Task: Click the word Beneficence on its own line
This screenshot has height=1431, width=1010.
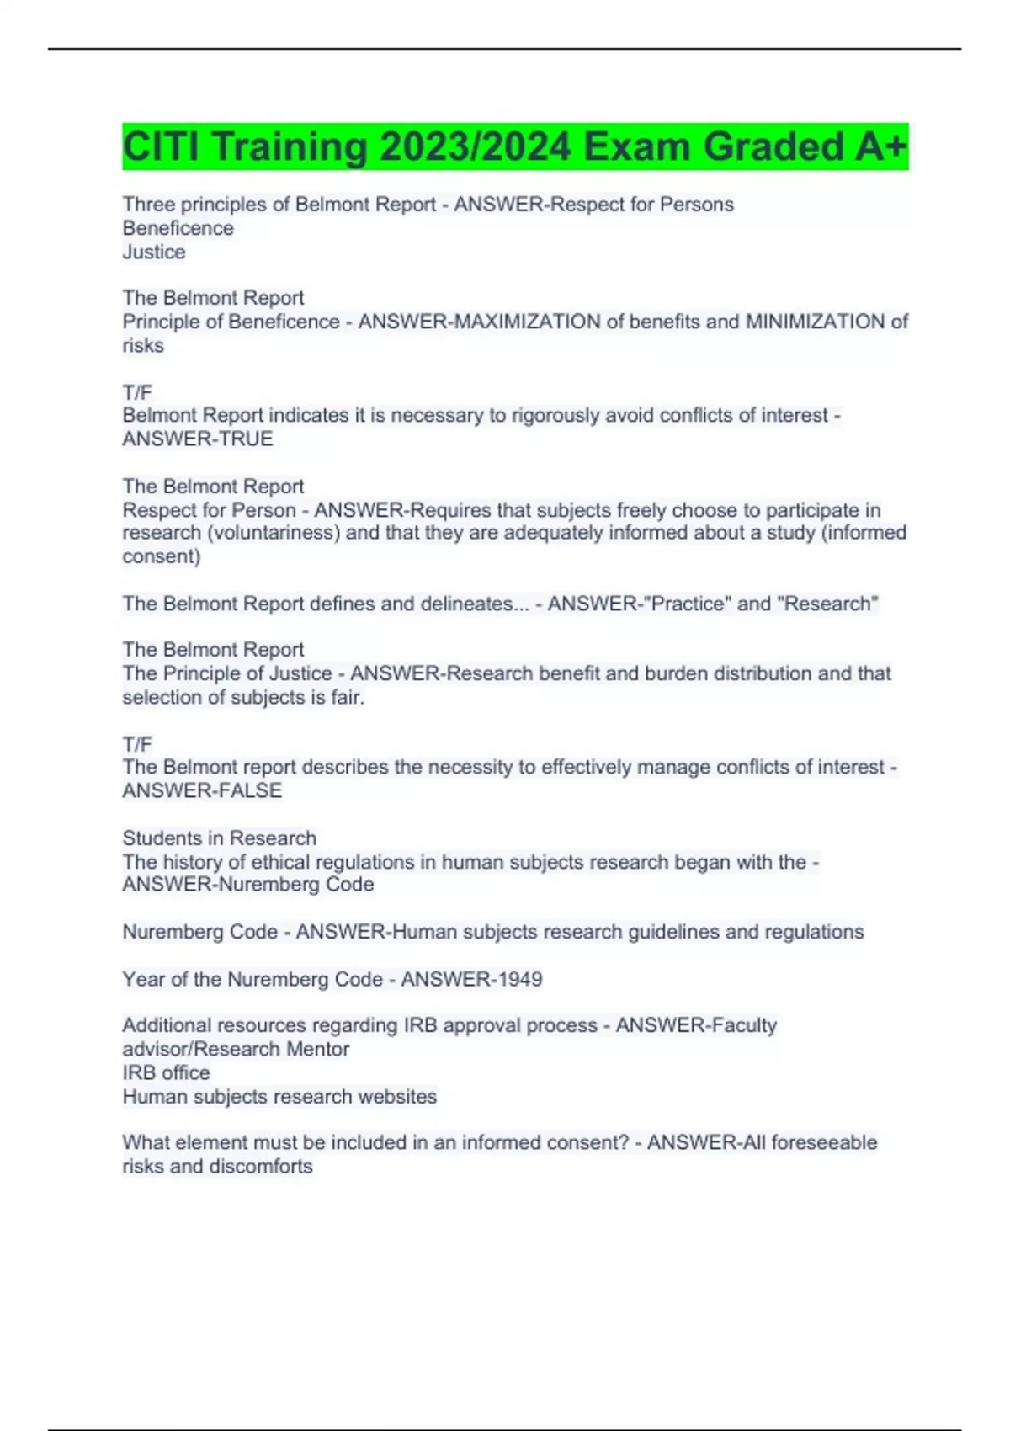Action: tap(178, 228)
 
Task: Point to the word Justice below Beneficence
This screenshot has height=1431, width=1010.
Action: tap(154, 252)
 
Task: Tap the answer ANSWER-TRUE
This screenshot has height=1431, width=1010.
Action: tap(198, 439)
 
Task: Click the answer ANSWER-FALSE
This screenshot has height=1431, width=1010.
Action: tap(202, 790)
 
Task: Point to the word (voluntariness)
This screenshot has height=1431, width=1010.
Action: tap(280, 533)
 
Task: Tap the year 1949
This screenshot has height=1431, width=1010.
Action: tap(518, 979)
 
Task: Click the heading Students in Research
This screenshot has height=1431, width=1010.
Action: tap(220, 838)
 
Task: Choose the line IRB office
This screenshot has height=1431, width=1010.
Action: tap(166, 1072)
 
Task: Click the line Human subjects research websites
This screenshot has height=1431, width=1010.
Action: tap(279, 1097)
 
